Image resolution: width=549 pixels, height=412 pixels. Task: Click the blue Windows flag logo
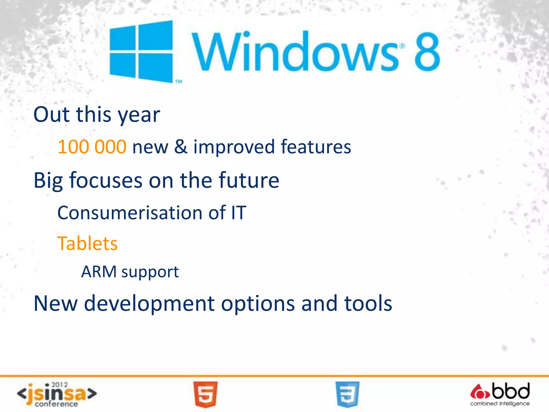141,51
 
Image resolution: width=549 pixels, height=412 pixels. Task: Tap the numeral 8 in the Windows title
427,51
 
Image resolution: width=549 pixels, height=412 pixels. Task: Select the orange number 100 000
92,147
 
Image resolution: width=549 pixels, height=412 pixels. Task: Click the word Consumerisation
130,213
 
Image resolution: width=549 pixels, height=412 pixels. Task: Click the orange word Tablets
87,244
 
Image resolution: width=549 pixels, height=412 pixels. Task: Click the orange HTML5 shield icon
205,394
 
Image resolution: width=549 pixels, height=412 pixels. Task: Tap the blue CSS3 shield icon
347,394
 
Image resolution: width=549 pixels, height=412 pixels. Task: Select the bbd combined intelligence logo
500,394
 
